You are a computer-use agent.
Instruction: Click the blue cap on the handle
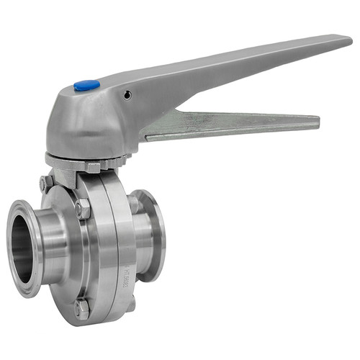[x=86, y=86]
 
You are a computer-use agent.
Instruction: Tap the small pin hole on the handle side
[x=127, y=95]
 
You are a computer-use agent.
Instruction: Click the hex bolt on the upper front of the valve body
[x=82, y=209]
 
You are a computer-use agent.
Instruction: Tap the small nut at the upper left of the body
[x=46, y=183]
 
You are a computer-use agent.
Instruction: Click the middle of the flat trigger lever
[x=230, y=123]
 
